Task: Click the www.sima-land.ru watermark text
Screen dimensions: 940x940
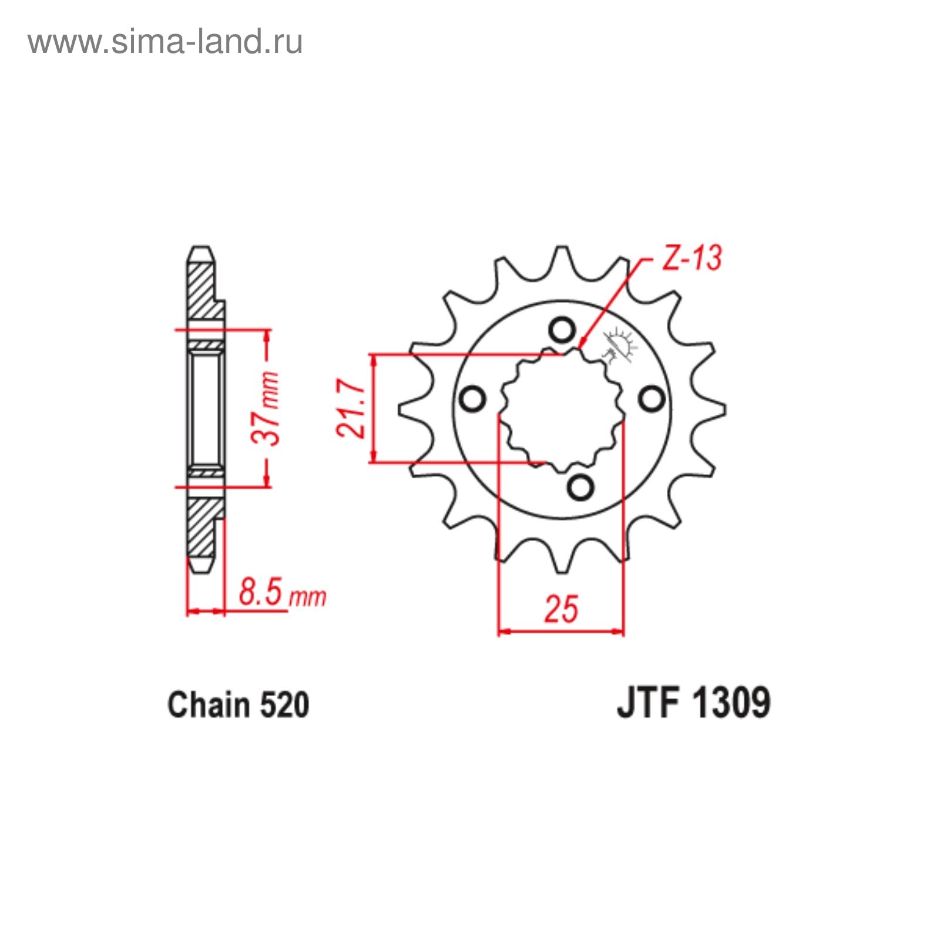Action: pyautogui.click(x=165, y=42)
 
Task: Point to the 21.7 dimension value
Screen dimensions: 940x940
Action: pyautogui.click(x=351, y=408)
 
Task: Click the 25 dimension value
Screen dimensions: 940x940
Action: pyautogui.click(x=561, y=609)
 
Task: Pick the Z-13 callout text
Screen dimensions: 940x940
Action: pyautogui.click(x=691, y=258)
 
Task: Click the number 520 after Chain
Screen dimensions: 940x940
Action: pyautogui.click(x=284, y=705)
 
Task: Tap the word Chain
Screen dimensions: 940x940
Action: pyautogui.click(x=209, y=705)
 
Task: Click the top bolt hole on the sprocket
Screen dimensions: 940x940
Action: pyautogui.click(x=562, y=330)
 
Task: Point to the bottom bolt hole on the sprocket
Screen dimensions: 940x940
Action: pyautogui.click(x=580, y=488)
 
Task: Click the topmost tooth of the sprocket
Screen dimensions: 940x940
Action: pyautogui.click(x=562, y=258)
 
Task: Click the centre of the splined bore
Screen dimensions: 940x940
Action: pyautogui.click(x=562, y=409)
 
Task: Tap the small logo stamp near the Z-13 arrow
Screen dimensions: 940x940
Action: pyautogui.click(x=619, y=345)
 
